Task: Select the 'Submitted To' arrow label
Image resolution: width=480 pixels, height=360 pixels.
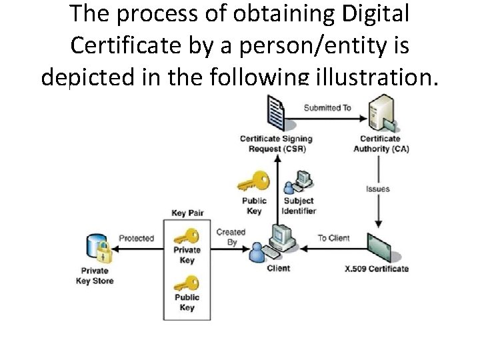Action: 327,107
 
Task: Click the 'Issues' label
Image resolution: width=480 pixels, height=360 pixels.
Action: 378,189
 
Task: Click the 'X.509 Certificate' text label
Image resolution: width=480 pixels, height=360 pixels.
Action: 377,269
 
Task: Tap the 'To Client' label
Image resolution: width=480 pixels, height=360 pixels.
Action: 333,238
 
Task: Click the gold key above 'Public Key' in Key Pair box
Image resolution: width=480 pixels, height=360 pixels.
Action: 187,283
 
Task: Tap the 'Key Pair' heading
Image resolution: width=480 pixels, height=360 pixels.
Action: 187,213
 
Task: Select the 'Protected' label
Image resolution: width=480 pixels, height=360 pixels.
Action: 136,238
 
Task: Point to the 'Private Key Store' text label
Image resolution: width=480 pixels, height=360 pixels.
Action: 95,276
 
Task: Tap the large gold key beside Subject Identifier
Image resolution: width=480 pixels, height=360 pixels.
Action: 254,181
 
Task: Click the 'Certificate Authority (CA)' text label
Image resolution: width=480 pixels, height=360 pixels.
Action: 381,143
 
